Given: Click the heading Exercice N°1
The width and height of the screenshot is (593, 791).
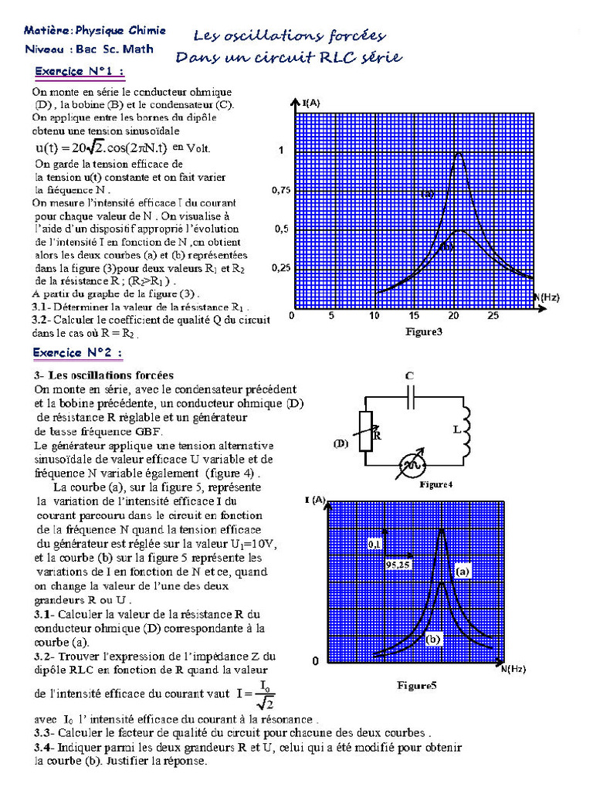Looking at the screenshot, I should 80,73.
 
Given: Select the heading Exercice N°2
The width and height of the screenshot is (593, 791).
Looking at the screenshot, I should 78,352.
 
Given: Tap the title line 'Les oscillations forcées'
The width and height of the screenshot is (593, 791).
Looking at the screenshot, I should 289,36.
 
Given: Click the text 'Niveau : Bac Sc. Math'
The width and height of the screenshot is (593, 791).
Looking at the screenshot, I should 88,49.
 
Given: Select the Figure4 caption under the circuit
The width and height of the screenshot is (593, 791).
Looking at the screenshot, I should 435,484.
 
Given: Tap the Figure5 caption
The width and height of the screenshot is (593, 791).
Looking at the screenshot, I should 417,684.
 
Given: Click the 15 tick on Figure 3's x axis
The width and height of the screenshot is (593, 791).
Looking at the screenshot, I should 413,316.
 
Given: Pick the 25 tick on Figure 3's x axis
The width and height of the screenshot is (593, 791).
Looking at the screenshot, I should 493,316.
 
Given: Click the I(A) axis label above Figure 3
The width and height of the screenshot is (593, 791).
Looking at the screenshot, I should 312,103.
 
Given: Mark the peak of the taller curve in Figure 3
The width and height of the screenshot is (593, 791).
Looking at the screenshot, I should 459,153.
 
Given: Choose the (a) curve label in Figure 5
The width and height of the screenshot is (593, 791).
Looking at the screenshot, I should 462,572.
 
